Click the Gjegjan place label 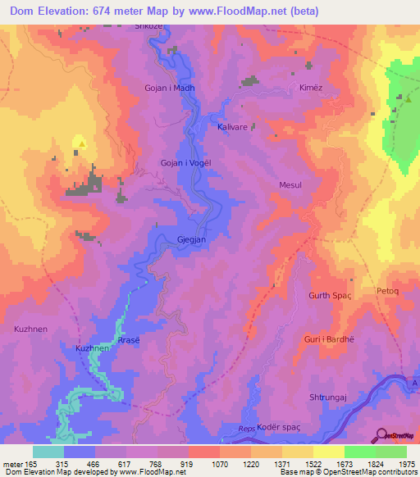pyautogui.click(x=191, y=240)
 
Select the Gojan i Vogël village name pyautogui.click(x=185, y=163)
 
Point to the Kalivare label pyautogui.click(x=232, y=128)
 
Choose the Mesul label pyautogui.click(x=290, y=185)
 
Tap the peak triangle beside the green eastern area pyautogui.click(x=408, y=98)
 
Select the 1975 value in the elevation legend pyautogui.click(x=406, y=466)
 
